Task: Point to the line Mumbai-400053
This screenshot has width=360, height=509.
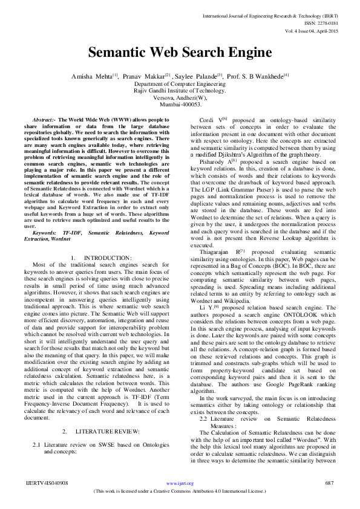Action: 180,104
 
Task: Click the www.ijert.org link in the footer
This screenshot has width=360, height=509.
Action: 180,483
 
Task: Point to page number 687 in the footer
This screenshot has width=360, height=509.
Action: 330,483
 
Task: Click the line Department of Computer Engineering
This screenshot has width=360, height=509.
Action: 180,84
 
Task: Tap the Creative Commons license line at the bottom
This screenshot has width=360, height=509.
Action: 180,491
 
